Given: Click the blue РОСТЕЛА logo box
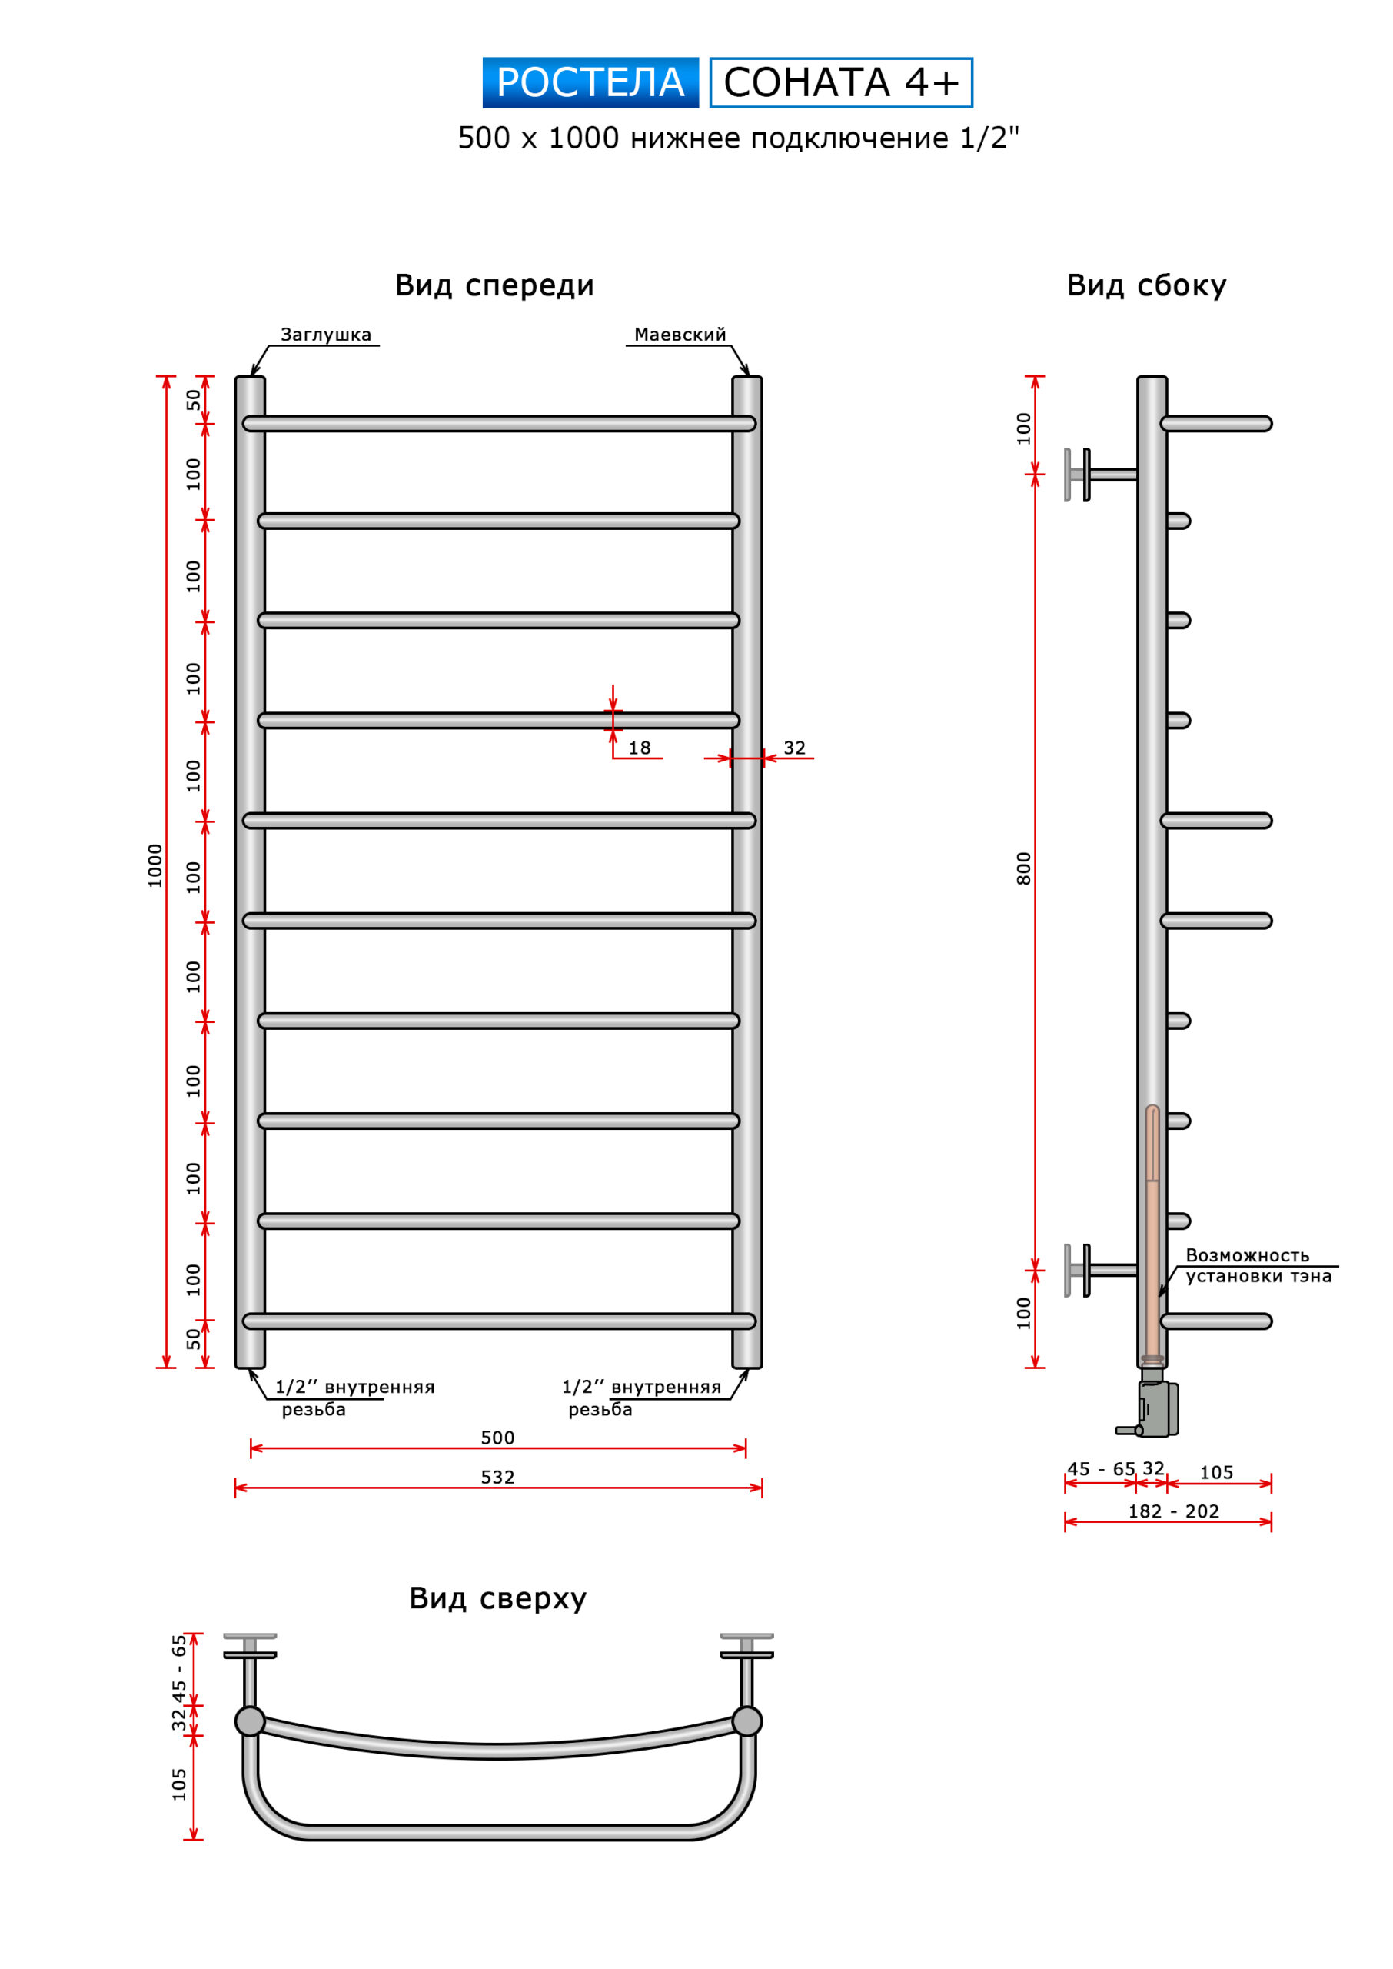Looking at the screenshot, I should click(590, 82).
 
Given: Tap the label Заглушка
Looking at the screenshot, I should click(326, 335).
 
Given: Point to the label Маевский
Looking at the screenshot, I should click(680, 335).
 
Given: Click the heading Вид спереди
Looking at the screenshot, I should click(494, 285).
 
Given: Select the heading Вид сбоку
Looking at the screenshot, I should click(1146, 285).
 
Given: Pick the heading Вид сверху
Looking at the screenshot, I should click(497, 1598).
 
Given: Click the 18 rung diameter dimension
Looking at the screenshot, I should click(640, 748).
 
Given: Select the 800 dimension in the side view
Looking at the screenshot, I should click(1023, 868).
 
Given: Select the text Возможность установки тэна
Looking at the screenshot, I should click(1258, 1265).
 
